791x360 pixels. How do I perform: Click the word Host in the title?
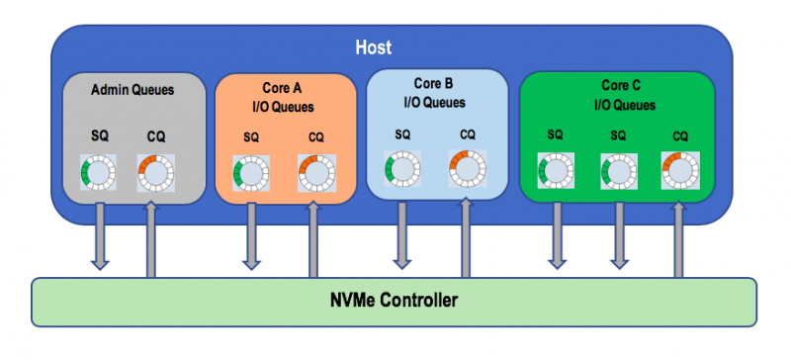click(x=375, y=46)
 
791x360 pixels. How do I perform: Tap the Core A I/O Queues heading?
click(x=284, y=96)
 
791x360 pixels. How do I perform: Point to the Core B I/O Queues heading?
click(x=434, y=92)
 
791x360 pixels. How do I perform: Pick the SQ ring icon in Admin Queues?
click(x=99, y=173)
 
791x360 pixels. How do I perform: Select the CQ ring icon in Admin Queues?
click(x=154, y=173)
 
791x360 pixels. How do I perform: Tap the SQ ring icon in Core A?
click(x=250, y=174)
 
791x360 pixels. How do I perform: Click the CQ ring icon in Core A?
click(x=315, y=174)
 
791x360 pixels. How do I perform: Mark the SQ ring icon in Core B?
click(x=402, y=169)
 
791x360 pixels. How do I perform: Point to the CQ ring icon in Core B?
click(x=467, y=169)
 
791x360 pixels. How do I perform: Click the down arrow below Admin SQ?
click(x=100, y=233)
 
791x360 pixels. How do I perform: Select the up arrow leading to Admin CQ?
click(x=152, y=237)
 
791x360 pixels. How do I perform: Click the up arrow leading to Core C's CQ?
click(x=679, y=237)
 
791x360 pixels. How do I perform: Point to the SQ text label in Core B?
click(x=402, y=134)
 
